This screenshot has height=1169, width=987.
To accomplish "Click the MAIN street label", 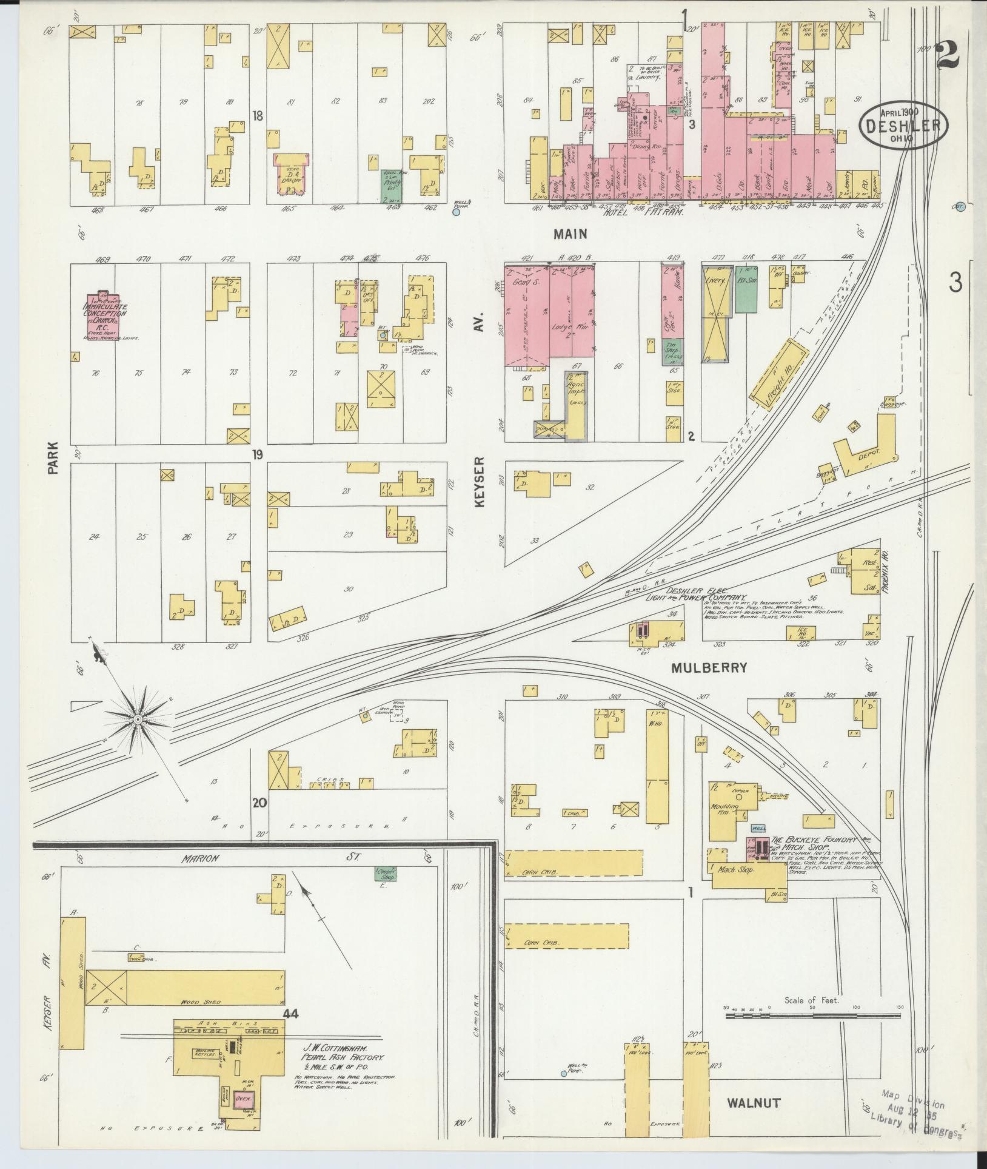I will (x=570, y=233).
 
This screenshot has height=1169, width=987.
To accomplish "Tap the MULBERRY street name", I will (x=709, y=668).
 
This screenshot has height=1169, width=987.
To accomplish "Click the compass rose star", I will (x=138, y=719).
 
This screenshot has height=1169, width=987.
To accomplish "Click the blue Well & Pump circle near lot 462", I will (x=457, y=212).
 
